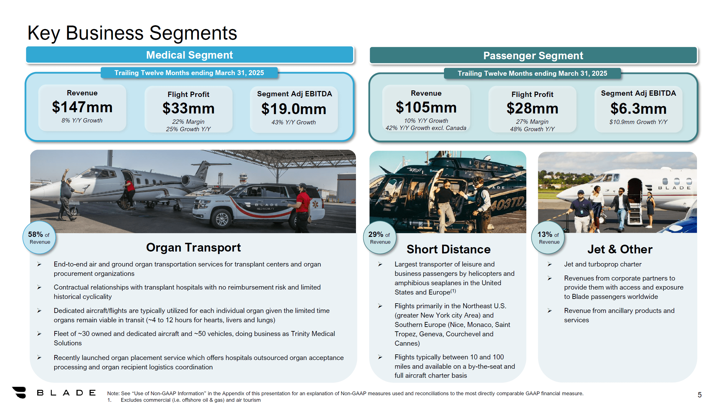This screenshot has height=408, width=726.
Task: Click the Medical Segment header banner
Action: pos(189,55)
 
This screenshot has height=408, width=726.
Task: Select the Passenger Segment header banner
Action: pos(533,56)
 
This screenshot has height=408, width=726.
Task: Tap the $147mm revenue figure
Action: pos(82,107)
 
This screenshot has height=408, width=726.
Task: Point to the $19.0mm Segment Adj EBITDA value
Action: pos(294,109)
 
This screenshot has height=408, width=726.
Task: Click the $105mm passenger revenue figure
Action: pos(426,108)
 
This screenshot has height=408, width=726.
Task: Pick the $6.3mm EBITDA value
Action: pos(638,109)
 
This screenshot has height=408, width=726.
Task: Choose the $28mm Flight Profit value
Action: pos(532,108)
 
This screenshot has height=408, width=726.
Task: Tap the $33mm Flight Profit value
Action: pos(188,108)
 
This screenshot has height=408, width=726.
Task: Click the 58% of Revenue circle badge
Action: pos(39,238)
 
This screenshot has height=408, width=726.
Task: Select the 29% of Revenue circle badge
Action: pos(380,238)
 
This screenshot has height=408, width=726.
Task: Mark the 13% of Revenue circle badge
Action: pos(548,238)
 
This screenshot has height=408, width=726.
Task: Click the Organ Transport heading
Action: pos(193,247)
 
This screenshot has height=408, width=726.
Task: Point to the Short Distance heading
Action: pos(448,249)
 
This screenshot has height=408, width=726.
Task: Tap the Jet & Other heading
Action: pos(620,249)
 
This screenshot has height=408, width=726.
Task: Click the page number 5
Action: pos(699,395)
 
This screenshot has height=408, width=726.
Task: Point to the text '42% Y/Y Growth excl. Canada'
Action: pos(426,128)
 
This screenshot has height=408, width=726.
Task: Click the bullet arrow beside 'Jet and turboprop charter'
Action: pos(549,264)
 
